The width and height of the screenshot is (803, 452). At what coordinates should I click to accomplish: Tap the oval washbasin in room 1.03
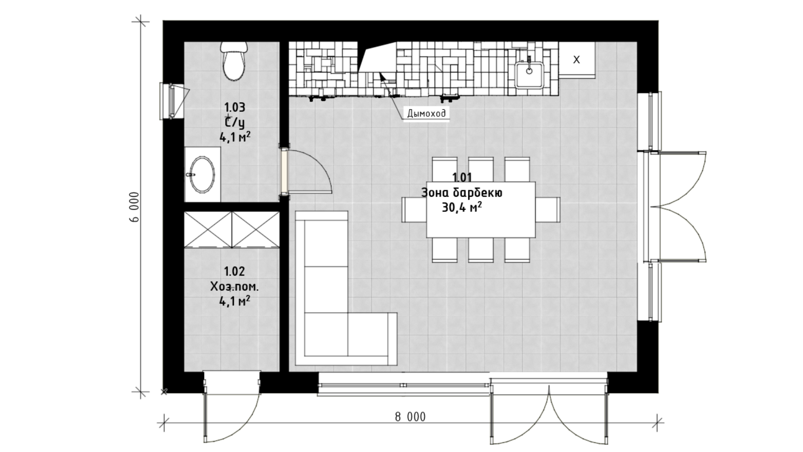(x=202, y=175)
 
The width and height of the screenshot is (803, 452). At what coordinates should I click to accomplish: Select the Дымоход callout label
(x=426, y=113)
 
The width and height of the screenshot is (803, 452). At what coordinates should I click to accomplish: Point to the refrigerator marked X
(x=576, y=60)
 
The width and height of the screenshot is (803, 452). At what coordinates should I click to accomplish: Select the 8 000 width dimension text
(x=410, y=417)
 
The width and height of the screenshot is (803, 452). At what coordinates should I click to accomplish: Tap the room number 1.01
(x=462, y=177)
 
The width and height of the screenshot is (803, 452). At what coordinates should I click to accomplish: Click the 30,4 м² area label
(x=461, y=207)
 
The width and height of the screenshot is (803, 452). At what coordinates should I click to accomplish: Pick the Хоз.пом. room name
(x=234, y=287)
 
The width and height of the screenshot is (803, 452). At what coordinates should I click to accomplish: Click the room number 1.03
(x=234, y=108)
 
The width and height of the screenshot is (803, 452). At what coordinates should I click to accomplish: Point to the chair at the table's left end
(x=414, y=210)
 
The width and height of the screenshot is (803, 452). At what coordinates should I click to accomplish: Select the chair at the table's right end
(x=547, y=210)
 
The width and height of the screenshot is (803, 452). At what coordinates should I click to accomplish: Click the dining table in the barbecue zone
(x=481, y=210)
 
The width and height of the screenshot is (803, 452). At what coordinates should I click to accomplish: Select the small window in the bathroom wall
(x=172, y=101)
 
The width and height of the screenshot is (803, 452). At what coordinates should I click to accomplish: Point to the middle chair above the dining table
(x=481, y=169)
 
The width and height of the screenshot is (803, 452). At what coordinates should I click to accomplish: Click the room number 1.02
(x=234, y=272)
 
